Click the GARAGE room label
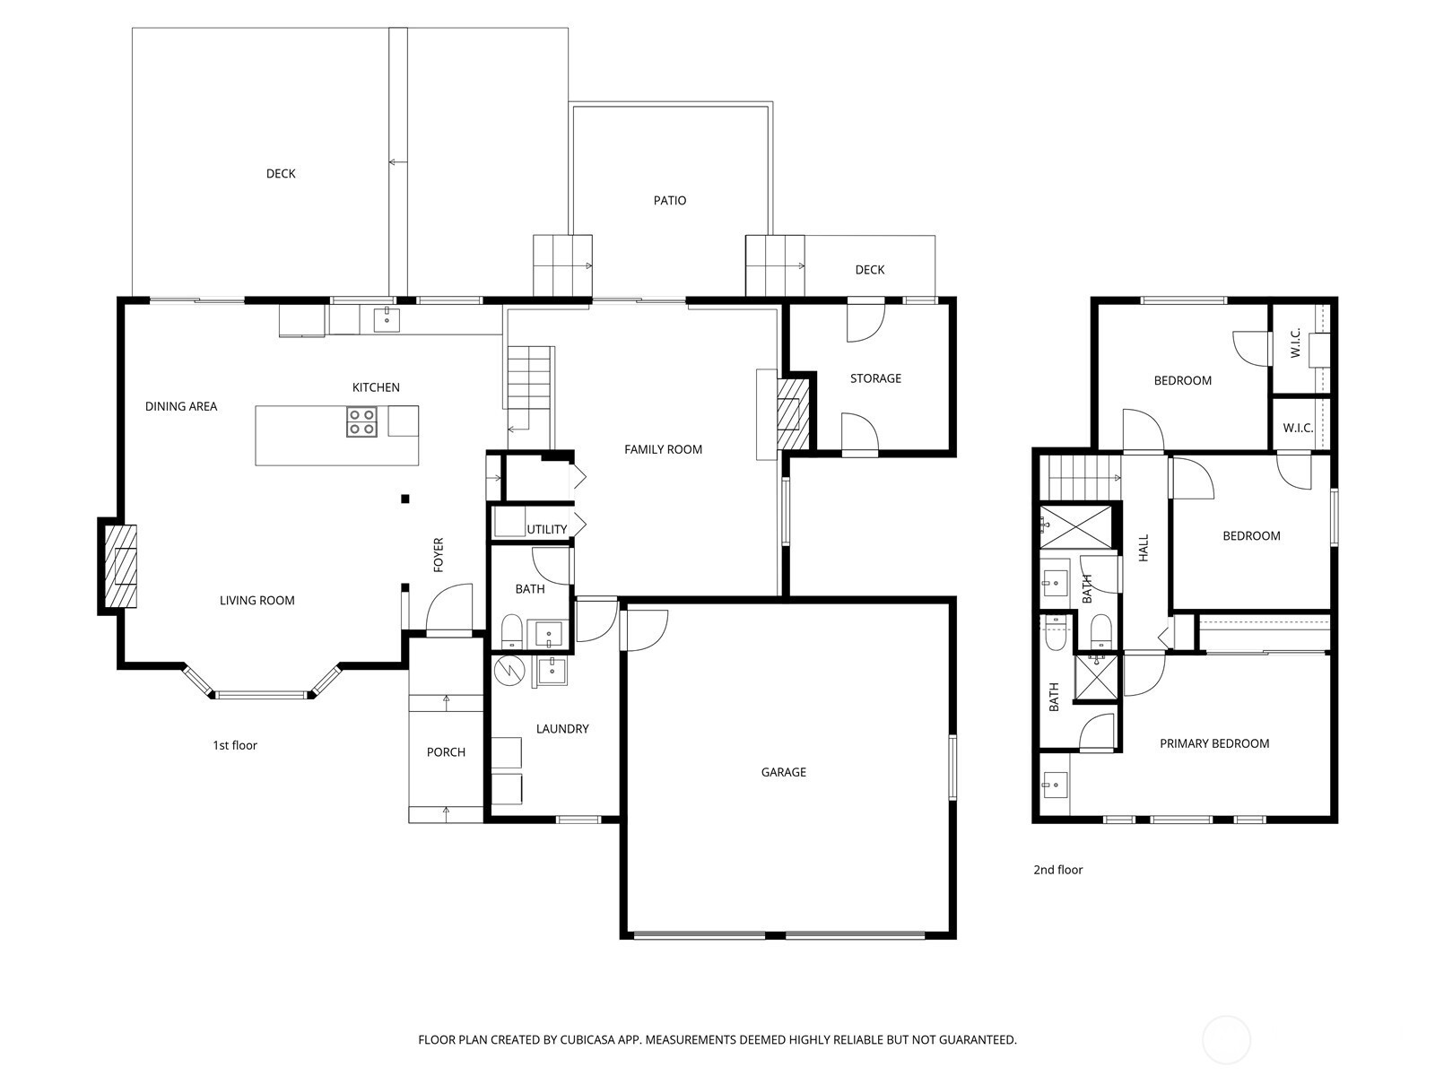pos(783,772)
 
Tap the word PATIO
pos(669,201)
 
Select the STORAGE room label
pos(875,378)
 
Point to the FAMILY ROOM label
pos(663,449)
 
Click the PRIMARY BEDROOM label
pos(1214,743)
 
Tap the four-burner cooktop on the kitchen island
pos(361,421)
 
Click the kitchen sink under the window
pos(387,320)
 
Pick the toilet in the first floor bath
pos(511,630)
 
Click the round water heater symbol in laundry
pos(509,671)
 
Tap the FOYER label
pos(438,555)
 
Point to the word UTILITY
pos(546,530)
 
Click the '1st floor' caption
pos(235,745)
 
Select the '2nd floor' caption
pos(1057,870)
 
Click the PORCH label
pos(446,752)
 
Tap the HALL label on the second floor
pos(1144,548)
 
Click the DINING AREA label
pos(181,406)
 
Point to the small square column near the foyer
pos(405,499)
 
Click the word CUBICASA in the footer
pos(587,1039)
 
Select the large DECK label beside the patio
pos(281,174)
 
